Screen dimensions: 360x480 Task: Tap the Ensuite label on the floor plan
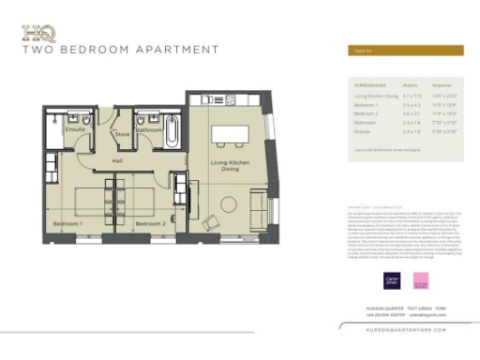[76, 129]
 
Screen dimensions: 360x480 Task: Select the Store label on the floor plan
[121, 134]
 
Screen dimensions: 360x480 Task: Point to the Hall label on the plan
[118, 160]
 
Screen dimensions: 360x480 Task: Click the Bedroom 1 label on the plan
[67, 224]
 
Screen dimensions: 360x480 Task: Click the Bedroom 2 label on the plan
[149, 224]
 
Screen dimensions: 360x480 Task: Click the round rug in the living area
[231, 204]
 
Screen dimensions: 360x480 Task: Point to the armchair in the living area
[211, 223]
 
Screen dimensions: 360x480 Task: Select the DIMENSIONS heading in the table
[368, 83]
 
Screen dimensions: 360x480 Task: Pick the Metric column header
[409, 83]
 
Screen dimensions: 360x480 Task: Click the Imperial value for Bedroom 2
[444, 113]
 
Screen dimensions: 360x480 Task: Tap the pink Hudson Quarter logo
[420, 279]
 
